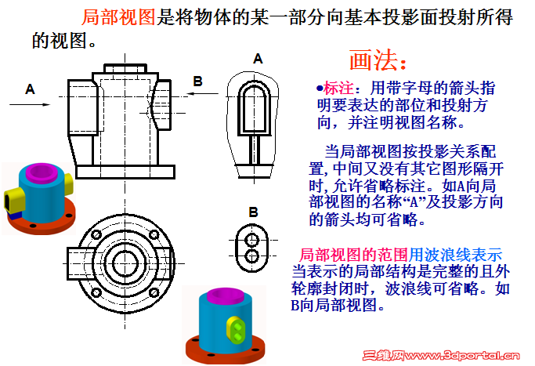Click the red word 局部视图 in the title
point(119,17)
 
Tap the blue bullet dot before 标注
point(320,89)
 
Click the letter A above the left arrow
point(30,89)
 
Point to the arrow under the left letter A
point(30,104)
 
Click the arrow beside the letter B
point(203,93)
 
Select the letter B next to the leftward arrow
point(198,82)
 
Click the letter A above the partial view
point(258,59)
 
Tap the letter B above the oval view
point(253,212)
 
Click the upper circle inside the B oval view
point(252,240)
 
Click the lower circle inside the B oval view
point(252,255)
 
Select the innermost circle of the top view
point(125,263)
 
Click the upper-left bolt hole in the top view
point(96,234)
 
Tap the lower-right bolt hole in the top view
point(154,292)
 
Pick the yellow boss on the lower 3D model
point(236,328)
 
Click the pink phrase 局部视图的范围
point(353,255)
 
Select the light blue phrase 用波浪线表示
point(455,255)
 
